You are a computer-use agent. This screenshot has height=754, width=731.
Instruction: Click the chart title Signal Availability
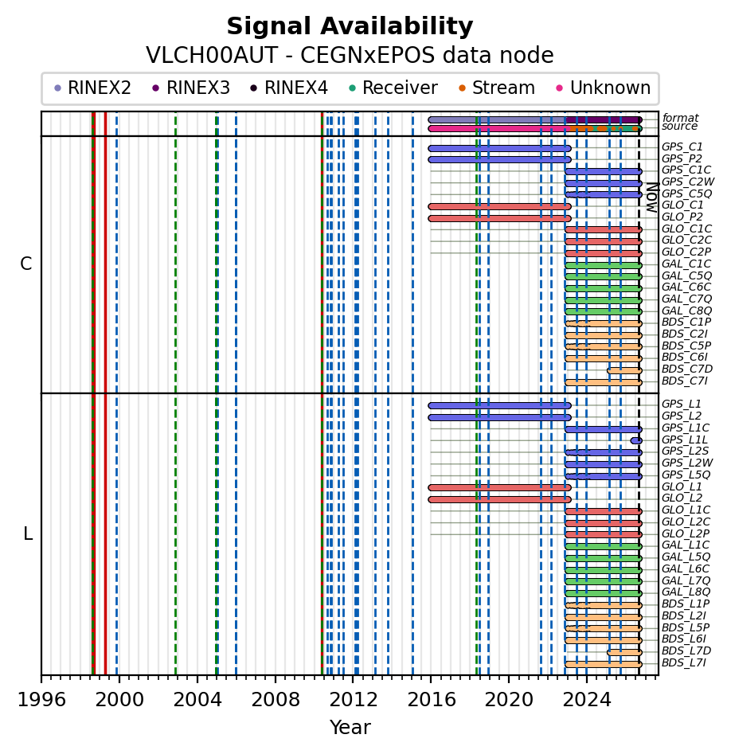(350, 26)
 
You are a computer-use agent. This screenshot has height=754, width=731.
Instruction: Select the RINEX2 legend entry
(92, 88)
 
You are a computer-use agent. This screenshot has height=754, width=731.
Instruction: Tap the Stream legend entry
(497, 88)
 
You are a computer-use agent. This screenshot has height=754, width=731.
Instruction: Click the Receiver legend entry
(393, 88)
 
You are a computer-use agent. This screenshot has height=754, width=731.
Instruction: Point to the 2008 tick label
(276, 700)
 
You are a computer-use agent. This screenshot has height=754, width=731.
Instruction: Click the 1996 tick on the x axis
(41, 678)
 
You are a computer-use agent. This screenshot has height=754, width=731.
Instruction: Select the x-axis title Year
(350, 728)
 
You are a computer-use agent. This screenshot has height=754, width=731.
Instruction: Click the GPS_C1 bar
(500, 149)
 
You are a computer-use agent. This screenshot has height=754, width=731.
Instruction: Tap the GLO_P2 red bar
(500, 218)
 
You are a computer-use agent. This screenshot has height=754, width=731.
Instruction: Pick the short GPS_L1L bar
(636, 440)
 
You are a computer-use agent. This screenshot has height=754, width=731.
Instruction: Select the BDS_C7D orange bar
(625, 371)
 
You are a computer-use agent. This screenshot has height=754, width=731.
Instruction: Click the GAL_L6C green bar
(604, 570)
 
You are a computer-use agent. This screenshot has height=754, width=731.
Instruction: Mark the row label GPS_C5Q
(686, 193)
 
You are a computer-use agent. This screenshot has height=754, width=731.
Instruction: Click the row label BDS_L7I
(684, 662)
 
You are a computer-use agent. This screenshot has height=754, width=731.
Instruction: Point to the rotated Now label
(651, 197)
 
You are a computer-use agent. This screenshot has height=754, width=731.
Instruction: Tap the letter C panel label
(26, 264)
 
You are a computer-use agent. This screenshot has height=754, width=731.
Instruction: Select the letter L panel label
(28, 533)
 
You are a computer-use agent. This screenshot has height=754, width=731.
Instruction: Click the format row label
(680, 118)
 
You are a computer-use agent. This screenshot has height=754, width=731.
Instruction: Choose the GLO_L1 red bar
(500, 487)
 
